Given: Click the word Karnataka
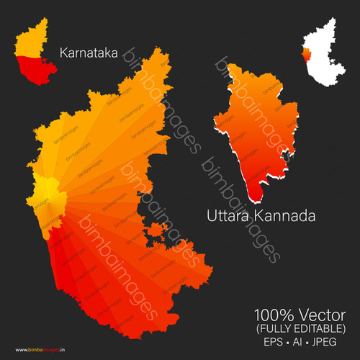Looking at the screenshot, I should pyautogui.click(x=89, y=53).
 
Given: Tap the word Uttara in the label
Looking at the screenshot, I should pyautogui.click(x=231, y=215).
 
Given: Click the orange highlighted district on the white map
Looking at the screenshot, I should pyautogui.click(x=307, y=56).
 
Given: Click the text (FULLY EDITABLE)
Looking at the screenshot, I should pyautogui.click(x=300, y=328).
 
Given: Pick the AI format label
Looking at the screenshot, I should pyautogui.click(x=299, y=342).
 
